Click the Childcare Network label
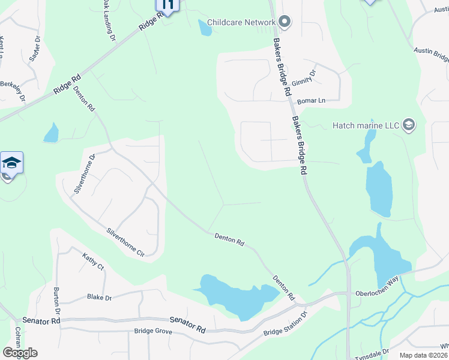click(241, 23)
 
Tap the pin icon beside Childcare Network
click(285, 23)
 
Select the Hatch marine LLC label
click(366, 125)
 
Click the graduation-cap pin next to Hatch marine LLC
click(409, 125)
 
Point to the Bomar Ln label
click(311, 100)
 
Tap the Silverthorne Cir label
click(125, 242)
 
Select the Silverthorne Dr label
click(85, 173)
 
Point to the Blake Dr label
click(99, 297)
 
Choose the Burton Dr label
click(56, 303)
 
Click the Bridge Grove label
click(153, 331)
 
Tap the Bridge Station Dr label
click(285, 324)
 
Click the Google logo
click(20, 353)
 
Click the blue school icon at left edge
click(11, 163)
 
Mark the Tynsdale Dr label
click(372, 353)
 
